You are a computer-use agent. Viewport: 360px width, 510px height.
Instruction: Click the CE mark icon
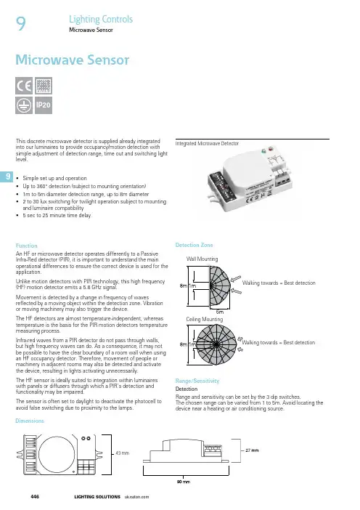24,86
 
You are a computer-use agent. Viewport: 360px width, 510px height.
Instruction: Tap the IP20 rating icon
44,105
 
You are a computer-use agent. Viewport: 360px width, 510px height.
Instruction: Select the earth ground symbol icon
24,105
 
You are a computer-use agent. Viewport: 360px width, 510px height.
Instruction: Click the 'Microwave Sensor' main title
72,60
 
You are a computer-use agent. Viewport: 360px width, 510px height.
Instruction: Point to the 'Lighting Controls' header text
101,19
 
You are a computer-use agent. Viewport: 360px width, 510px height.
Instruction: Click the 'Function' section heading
26,246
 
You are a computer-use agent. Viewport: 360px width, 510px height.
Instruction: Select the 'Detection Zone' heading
194,245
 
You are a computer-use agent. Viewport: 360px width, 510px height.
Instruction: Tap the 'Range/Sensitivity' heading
197,381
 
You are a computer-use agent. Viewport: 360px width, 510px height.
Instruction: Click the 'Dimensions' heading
30,421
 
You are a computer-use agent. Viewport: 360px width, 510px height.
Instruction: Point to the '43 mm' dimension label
123,453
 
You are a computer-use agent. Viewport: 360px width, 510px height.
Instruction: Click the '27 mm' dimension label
252,450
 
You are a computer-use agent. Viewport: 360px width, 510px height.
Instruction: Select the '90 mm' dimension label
183,482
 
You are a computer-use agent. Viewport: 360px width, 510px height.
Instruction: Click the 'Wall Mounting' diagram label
202,259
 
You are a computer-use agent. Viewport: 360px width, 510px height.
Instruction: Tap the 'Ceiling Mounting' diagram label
205,319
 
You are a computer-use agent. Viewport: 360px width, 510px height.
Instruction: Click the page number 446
35,497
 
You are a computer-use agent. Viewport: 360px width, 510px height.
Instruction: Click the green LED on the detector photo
263,151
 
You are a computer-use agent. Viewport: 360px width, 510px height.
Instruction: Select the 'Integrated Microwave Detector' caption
207,143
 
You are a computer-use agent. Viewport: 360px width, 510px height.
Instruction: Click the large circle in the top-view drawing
57,455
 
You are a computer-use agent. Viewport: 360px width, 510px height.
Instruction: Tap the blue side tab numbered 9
7,177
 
